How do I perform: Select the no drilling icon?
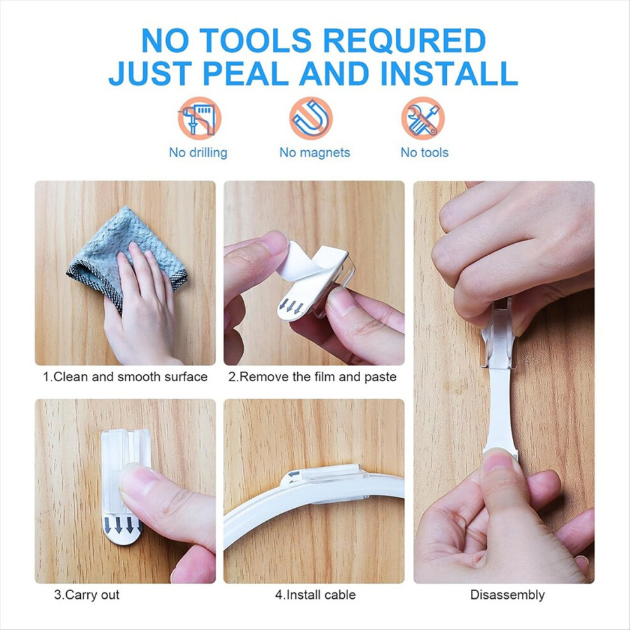pos(200,118)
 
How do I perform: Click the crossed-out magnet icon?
pos(311,118)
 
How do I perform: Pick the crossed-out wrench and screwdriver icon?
pos(423,118)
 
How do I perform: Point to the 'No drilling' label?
pos(198,153)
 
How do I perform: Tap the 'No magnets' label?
pos(314,153)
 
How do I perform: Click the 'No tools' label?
pos(424,153)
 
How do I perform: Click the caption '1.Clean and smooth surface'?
pos(125,377)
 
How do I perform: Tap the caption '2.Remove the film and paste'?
pos(312,377)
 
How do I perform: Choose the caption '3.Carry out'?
pos(87,594)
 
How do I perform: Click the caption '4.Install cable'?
pos(316,594)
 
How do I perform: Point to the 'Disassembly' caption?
pos(507,594)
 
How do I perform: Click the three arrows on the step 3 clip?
pos(118,525)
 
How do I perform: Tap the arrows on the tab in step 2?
pos(291,307)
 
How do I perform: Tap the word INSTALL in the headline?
pos(449,74)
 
